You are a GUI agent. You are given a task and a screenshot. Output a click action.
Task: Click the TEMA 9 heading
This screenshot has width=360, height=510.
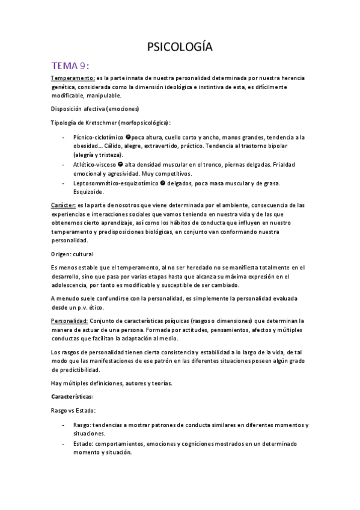point(70,66)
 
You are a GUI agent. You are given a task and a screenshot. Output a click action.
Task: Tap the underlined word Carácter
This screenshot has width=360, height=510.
point(63,205)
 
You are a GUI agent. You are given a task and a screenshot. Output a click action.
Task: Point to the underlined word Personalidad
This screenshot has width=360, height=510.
point(69,321)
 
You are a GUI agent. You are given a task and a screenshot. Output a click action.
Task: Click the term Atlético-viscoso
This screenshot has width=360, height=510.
point(95,165)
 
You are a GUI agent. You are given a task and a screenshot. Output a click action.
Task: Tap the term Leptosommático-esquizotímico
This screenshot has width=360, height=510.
point(116,183)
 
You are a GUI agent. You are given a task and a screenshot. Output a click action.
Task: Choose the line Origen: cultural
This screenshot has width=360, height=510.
point(72,254)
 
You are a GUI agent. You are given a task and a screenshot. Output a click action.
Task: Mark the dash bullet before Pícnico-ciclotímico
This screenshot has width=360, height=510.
point(64,137)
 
